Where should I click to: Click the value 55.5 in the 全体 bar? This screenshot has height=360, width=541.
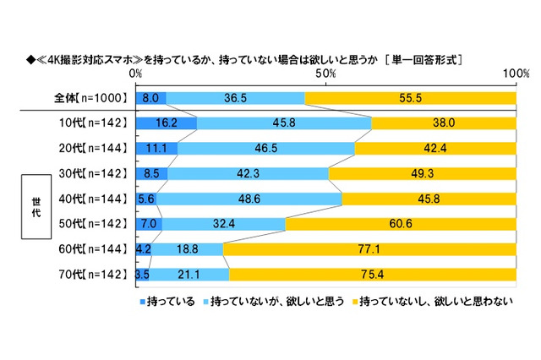(410, 98)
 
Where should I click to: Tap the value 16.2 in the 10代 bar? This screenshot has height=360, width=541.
(167, 123)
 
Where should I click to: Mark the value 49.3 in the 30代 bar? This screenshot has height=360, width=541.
(421, 174)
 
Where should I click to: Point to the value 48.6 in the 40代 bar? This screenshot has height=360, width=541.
(249, 199)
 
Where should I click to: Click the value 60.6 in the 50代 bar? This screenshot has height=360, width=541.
(400, 224)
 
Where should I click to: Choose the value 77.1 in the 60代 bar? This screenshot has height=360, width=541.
(369, 249)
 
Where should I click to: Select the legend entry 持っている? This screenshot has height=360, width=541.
(167, 300)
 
